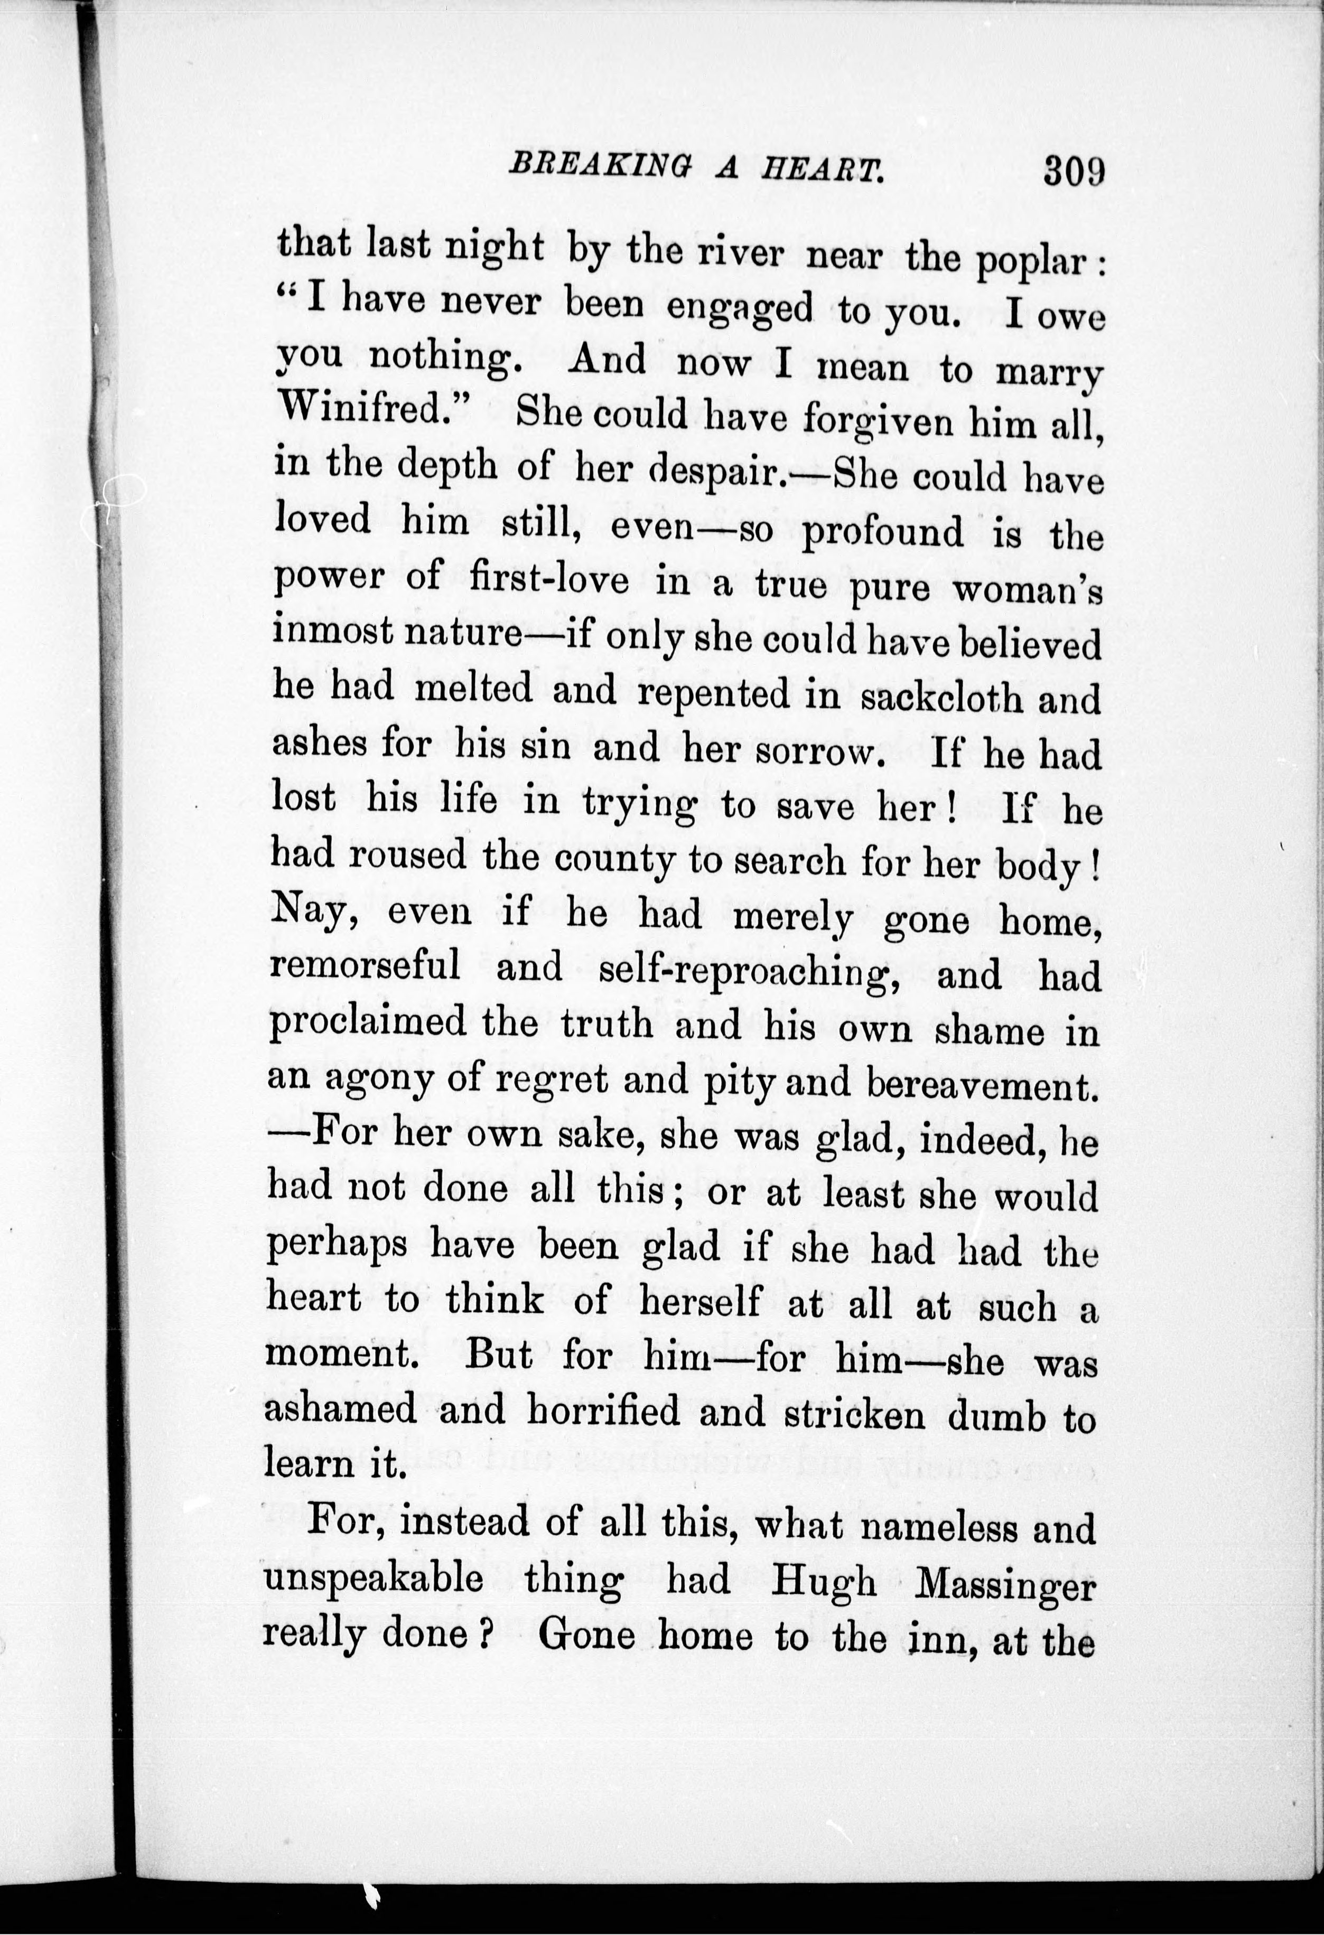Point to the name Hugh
[823, 1583]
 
